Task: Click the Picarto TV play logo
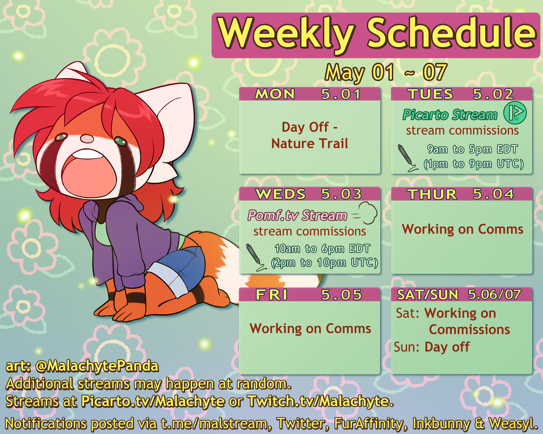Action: (x=515, y=112)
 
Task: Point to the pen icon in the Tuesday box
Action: (x=407, y=158)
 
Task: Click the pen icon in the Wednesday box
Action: (x=255, y=257)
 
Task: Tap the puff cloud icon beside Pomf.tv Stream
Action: (x=365, y=213)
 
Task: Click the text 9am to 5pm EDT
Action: (x=472, y=149)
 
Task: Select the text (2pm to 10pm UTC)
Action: (x=325, y=263)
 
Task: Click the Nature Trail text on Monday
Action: (x=310, y=143)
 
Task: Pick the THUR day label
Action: (x=432, y=194)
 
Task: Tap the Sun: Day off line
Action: (x=432, y=347)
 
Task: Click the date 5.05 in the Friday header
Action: (x=341, y=295)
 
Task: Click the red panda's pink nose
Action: (x=87, y=139)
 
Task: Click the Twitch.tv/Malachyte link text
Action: (x=320, y=401)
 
